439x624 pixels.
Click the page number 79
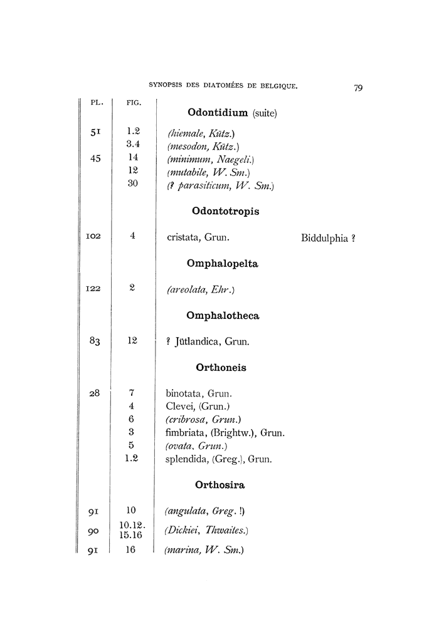point(358,88)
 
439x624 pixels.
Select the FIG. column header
point(134,103)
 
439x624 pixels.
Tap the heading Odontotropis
point(223,211)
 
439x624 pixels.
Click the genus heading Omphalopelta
point(223,264)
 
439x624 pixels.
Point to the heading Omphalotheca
point(223,316)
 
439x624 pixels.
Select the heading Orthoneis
point(221,368)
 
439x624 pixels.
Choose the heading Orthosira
point(219,484)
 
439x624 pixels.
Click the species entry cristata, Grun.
point(198,237)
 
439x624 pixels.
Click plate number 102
point(93,237)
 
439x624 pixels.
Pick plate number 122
point(93,289)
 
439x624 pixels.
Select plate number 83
point(95,341)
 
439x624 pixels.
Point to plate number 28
point(95,394)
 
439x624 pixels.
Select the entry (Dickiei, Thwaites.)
point(207,531)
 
